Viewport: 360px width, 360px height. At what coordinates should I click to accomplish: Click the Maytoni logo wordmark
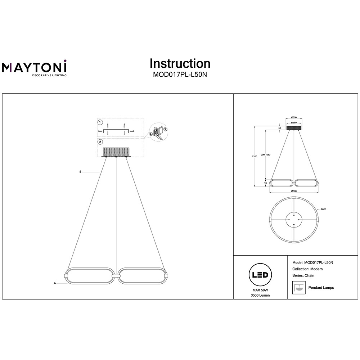(x=34, y=67)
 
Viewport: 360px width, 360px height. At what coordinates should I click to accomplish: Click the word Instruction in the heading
(x=180, y=64)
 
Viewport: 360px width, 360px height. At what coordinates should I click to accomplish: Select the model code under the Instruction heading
(x=180, y=75)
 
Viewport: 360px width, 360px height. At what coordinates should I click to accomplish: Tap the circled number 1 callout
(x=100, y=122)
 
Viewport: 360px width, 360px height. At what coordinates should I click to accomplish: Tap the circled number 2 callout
(x=100, y=142)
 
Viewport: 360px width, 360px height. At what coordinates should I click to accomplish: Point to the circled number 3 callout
(x=165, y=130)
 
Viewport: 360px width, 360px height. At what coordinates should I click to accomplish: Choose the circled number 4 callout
(x=151, y=134)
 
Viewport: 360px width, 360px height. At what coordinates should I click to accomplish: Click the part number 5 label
(x=80, y=172)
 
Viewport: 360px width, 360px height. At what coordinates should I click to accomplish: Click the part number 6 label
(x=55, y=283)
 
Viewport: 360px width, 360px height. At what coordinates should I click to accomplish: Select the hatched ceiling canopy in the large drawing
(x=116, y=152)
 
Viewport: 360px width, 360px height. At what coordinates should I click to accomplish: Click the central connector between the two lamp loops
(x=116, y=275)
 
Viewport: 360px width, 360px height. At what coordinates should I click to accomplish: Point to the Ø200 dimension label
(x=294, y=118)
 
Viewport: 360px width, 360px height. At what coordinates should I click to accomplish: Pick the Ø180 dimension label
(x=294, y=123)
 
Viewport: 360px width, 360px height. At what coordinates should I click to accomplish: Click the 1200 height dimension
(x=255, y=156)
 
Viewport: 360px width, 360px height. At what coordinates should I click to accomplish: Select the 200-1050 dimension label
(x=266, y=155)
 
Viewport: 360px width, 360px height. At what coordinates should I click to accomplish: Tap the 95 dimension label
(x=266, y=183)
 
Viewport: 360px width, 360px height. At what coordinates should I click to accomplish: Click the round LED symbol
(x=260, y=275)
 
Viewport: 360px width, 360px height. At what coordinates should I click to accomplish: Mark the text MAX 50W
(x=260, y=290)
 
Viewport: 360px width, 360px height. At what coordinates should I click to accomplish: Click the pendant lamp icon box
(x=299, y=287)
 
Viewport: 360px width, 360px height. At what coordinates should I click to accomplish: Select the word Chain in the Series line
(x=309, y=275)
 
